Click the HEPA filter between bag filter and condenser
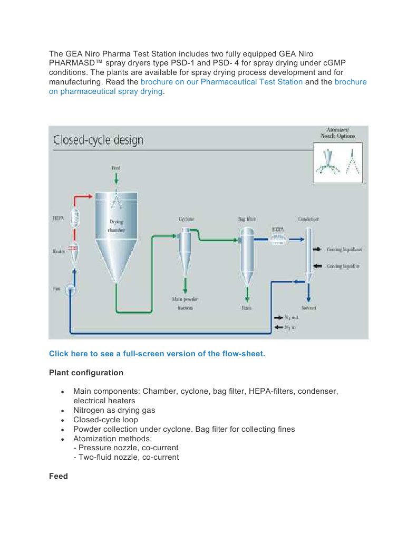pyautogui.click(x=277, y=239)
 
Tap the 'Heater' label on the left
pyautogui.click(x=59, y=252)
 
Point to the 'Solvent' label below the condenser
pyautogui.click(x=308, y=307)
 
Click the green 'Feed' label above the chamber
pyautogui.click(x=115, y=168)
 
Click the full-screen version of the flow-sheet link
pyautogui.click(x=157, y=354)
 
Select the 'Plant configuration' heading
pyautogui.click(x=86, y=373)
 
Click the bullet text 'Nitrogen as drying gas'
pyautogui.click(x=114, y=410)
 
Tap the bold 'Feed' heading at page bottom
pyautogui.click(x=58, y=476)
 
